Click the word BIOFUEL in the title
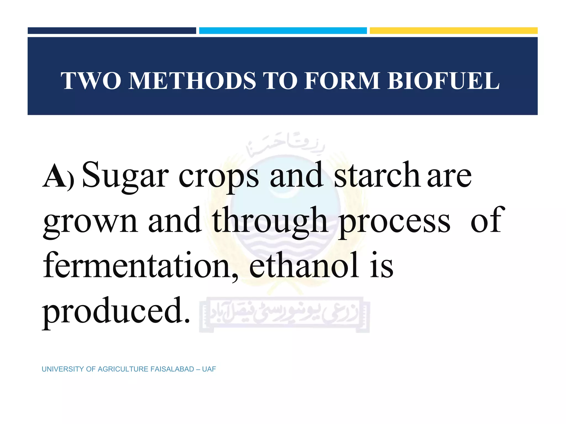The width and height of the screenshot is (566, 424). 443,81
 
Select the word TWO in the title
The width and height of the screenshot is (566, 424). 91,81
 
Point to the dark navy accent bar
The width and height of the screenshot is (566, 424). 112,31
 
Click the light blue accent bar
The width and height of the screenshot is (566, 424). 283,31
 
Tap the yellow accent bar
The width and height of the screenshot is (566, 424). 454,31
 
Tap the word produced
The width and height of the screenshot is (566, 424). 116,311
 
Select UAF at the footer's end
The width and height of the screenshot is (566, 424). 209,369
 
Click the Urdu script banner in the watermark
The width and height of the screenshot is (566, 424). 285,315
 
